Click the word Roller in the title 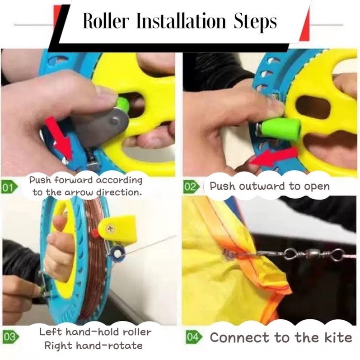(105, 21)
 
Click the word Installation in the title (181, 21)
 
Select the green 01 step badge (9, 187)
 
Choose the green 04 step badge (194, 337)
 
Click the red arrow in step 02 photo (274, 157)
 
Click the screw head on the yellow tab (110, 229)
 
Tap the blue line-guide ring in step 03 (117, 254)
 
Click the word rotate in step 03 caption (126, 346)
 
